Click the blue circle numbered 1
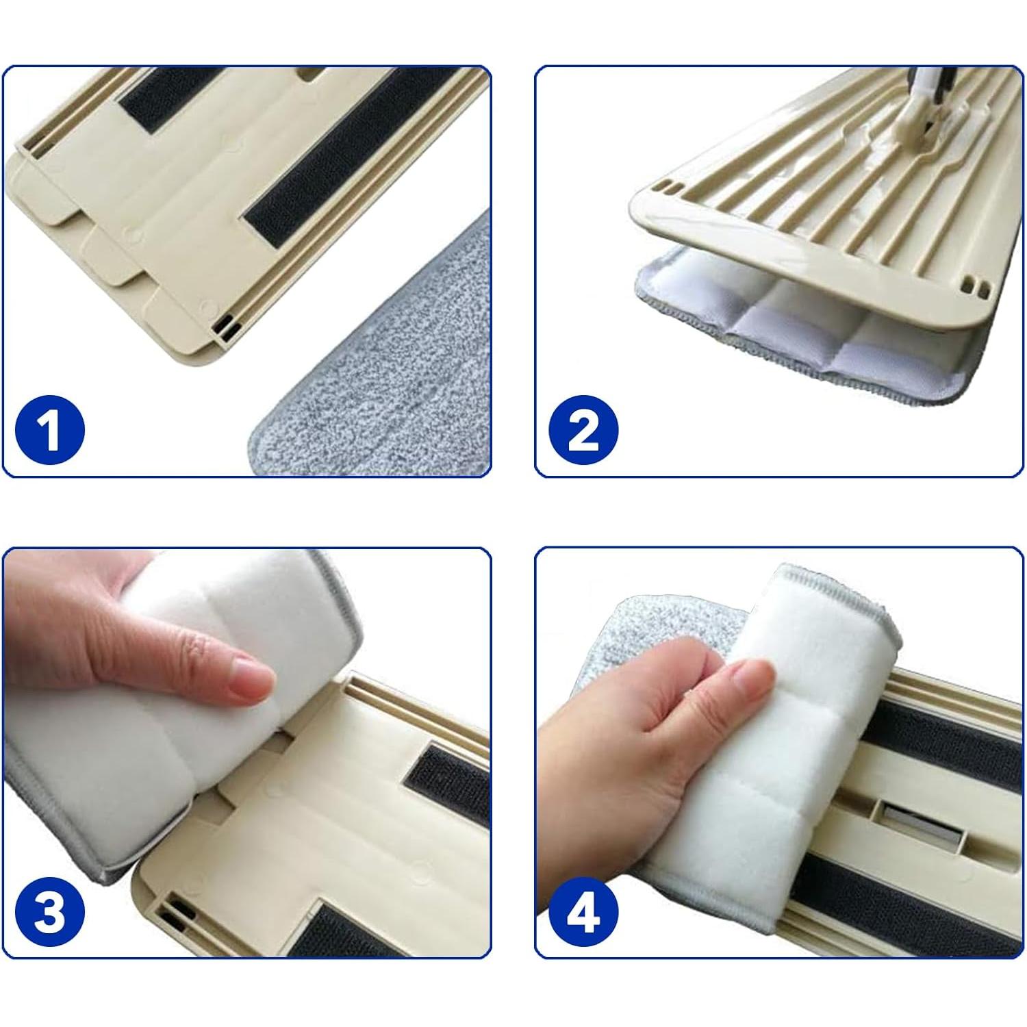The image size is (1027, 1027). pos(49,430)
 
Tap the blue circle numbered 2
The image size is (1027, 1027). pos(583,430)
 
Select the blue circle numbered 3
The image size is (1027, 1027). pos(49,911)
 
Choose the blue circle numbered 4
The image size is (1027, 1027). pos(583,911)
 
